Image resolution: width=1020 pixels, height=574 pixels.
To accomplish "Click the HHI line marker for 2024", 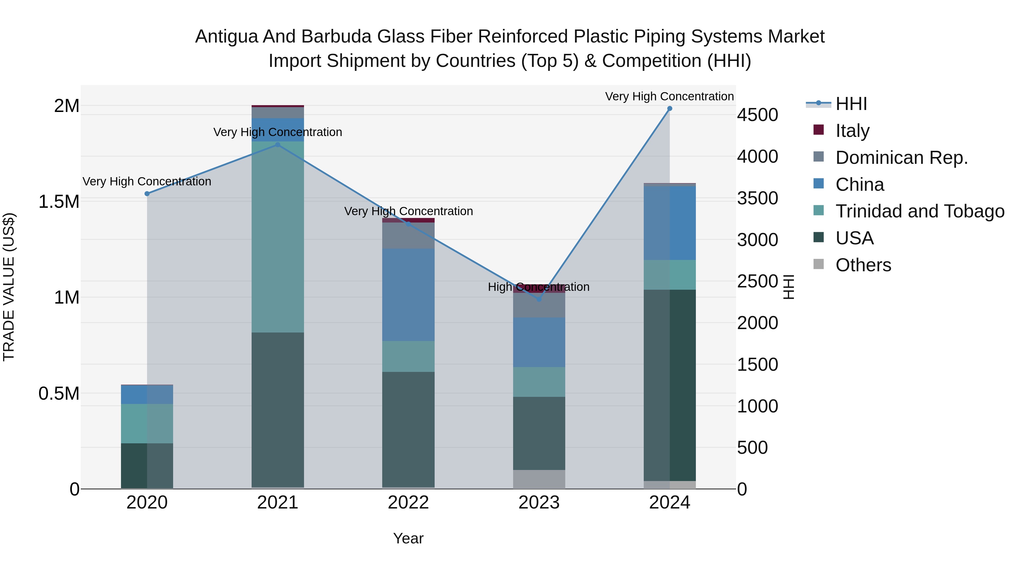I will (x=670, y=109).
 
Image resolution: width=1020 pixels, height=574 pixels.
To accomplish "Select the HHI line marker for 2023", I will (x=539, y=300).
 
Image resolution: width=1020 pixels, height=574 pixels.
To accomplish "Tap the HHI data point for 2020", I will (x=147, y=194).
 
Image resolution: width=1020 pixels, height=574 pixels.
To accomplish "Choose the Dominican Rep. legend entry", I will (x=901, y=158).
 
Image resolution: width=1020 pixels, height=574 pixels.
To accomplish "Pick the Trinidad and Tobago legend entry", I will (x=919, y=211).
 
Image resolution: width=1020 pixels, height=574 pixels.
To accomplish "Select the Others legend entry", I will (x=863, y=265).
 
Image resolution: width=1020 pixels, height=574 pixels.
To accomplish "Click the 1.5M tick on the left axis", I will (x=59, y=202).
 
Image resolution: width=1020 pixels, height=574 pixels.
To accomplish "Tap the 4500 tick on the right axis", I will (x=757, y=115).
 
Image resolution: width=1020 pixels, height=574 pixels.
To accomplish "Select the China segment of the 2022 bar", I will (x=408, y=295).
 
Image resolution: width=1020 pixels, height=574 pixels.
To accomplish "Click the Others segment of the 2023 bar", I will (x=539, y=479).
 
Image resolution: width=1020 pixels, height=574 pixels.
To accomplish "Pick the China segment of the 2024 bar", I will (x=670, y=223).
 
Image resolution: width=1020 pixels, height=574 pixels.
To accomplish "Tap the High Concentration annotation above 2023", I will (x=539, y=287).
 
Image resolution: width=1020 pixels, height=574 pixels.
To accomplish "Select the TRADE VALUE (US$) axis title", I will (x=9, y=287).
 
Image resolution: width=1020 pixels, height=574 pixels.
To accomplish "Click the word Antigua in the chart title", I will (x=226, y=37).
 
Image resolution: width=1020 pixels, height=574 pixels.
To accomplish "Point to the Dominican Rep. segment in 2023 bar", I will (x=539, y=305).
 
